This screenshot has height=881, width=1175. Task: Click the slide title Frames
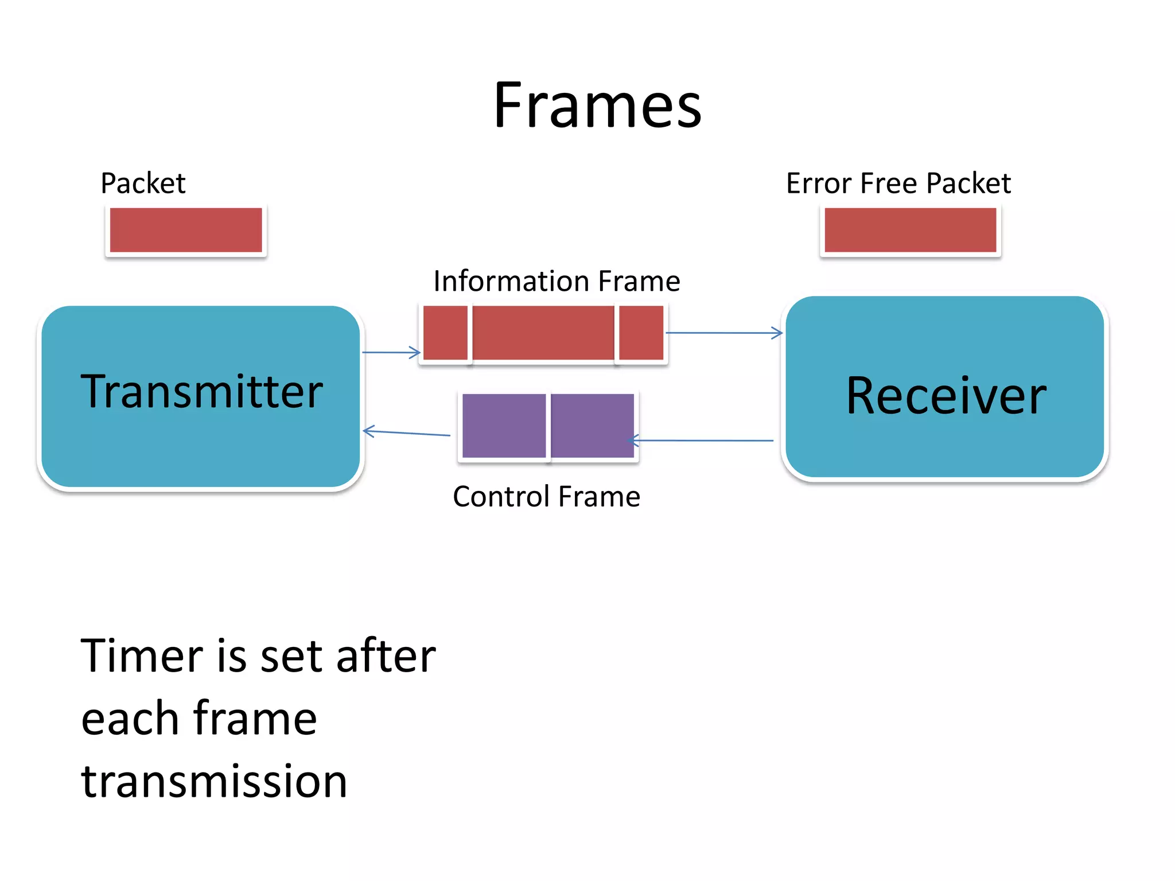click(x=597, y=106)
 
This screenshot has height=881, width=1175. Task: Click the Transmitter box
click(x=201, y=396)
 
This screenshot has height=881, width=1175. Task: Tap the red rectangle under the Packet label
click(x=186, y=230)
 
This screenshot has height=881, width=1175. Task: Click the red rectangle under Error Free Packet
click(x=910, y=230)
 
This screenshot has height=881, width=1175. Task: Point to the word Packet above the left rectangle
click(x=143, y=184)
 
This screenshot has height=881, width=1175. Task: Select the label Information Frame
click(x=557, y=281)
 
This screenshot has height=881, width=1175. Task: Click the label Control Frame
click(x=546, y=497)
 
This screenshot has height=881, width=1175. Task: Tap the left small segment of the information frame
click(x=445, y=333)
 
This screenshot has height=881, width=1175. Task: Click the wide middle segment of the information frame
click(x=543, y=333)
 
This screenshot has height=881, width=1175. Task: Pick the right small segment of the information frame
click(x=641, y=333)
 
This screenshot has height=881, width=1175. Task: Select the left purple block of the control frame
click(x=504, y=426)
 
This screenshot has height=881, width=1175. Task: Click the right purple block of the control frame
click(x=592, y=426)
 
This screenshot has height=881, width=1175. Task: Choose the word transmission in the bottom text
click(x=214, y=781)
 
